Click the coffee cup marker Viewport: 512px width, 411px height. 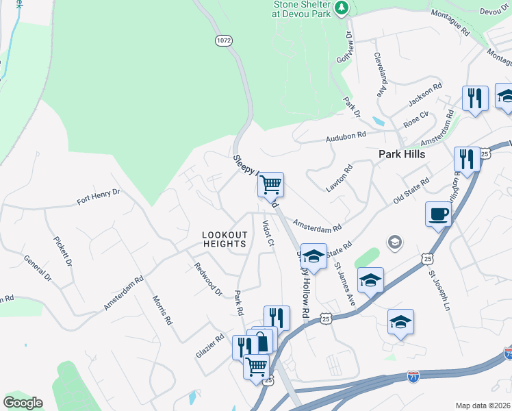tap(438, 214)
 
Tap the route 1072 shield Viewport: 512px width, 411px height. tap(223, 40)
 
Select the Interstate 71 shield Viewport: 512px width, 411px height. tap(413, 376)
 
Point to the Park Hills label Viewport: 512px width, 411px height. tap(402, 154)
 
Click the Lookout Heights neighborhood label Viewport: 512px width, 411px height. tap(224, 239)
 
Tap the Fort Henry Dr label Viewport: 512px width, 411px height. tap(99, 197)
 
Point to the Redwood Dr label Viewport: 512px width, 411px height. tap(208, 280)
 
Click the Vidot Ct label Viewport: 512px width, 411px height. tap(268, 233)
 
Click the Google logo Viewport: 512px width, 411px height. tap(23, 403)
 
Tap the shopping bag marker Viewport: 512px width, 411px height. tap(263, 340)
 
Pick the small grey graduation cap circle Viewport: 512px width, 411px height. tap(394, 242)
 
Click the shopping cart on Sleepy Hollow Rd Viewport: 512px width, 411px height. tap(270, 184)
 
